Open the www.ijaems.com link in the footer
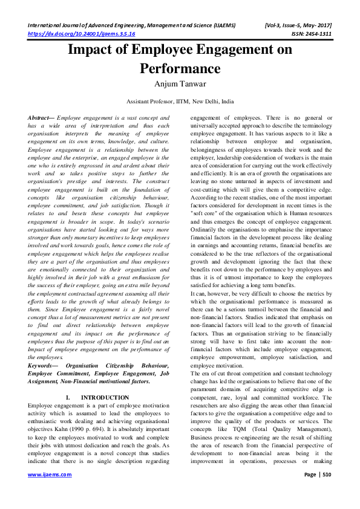50,491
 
